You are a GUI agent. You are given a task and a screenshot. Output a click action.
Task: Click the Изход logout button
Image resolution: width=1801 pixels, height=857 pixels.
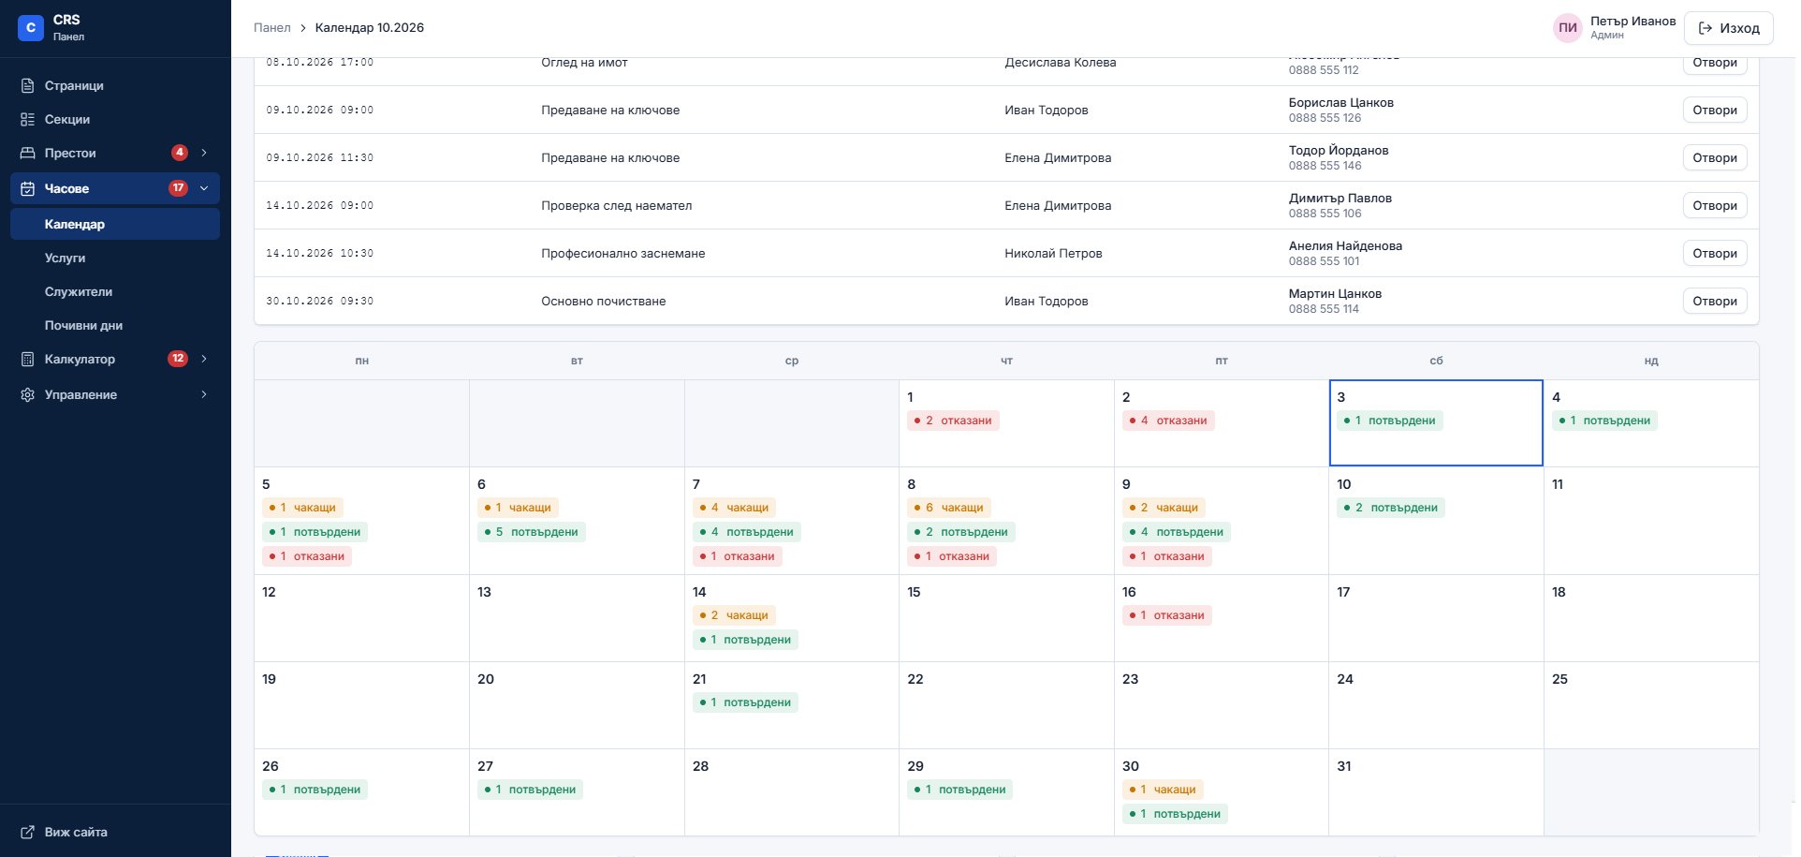pyautogui.click(x=1728, y=28)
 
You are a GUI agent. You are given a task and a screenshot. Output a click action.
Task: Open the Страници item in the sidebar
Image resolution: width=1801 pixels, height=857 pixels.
pyautogui.click(x=74, y=85)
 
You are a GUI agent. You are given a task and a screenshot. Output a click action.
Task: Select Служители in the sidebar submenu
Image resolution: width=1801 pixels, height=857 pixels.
pyautogui.click(x=79, y=291)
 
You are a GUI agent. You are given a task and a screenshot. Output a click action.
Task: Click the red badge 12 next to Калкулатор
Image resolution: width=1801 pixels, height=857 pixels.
pyautogui.click(x=178, y=359)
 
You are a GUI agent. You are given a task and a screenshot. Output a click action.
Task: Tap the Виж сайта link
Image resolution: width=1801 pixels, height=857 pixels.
pyautogui.click(x=76, y=832)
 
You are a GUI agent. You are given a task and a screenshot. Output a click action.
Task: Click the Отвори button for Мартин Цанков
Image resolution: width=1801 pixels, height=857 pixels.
pyautogui.click(x=1715, y=301)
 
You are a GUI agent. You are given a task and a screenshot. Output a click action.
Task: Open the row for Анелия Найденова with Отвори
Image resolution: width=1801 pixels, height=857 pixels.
pyautogui.click(x=1715, y=253)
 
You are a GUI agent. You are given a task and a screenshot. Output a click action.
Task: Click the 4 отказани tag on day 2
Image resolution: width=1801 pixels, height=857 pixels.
pyautogui.click(x=1168, y=421)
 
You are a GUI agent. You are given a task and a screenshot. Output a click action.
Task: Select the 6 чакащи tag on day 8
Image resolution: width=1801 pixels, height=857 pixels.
pyautogui.click(x=949, y=508)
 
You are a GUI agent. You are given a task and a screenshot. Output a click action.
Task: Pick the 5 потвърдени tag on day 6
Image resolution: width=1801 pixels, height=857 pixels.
pyautogui.click(x=532, y=532)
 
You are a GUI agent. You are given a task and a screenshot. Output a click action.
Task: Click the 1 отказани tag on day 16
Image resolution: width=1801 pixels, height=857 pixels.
pyautogui.click(x=1167, y=615)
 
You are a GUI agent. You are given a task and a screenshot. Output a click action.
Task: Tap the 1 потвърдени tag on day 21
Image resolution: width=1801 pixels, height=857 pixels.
pyautogui.click(x=745, y=702)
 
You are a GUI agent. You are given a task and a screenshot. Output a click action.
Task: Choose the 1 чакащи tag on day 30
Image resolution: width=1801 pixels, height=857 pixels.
pyautogui.click(x=1163, y=790)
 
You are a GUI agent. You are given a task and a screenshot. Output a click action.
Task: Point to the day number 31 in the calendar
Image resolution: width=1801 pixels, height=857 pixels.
pyautogui.click(x=1344, y=766)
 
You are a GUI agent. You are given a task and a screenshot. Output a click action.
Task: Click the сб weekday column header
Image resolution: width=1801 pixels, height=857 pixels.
pyautogui.click(x=1436, y=361)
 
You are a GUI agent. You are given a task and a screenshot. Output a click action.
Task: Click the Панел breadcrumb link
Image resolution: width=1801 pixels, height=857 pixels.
pyautogui.click(x=272, y=28)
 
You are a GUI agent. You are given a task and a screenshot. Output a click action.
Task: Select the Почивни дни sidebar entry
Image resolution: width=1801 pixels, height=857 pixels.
pyautogui.click(x=83, y=325)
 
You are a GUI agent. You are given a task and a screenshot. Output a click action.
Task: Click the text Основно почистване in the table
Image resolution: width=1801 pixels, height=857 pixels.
pyautogui.click(x=604, y=301)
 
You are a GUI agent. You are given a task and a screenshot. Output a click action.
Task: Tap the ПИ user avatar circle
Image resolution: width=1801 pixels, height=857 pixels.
pyautogui.click(x=1568, y=28)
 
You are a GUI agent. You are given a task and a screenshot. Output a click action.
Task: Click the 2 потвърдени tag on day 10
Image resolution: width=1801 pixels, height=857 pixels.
pyautogui.click(x=1391, y=508)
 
